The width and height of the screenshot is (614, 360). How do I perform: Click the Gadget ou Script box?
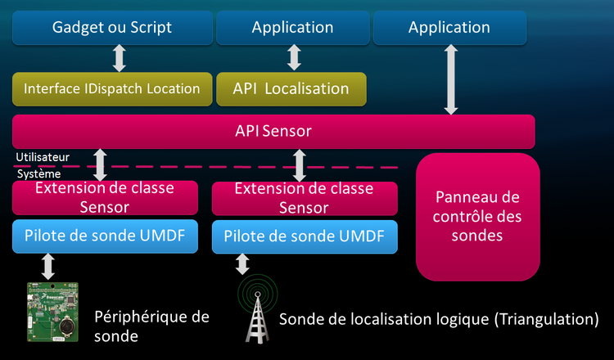point(112,27)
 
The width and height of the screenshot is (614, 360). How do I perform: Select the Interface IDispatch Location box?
point(112,88)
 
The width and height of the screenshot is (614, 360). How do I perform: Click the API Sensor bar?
point(273,131)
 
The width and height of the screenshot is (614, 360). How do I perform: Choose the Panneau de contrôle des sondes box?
point(478,217)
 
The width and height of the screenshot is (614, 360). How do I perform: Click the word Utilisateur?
point(42,155)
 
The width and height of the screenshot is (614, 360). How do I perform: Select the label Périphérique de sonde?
point(151,326)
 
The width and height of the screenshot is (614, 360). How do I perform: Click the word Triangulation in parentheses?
point(549,318)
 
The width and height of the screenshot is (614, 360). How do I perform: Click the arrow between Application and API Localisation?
point(294,57)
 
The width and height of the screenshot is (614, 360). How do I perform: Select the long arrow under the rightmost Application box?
point(449,79)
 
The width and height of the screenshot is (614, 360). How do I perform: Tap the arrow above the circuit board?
point(48,266)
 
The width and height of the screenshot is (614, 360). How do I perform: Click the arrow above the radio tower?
point(242,263)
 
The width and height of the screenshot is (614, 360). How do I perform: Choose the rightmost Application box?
point(449,27)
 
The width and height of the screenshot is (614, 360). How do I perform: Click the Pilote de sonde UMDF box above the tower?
point(305,236)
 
